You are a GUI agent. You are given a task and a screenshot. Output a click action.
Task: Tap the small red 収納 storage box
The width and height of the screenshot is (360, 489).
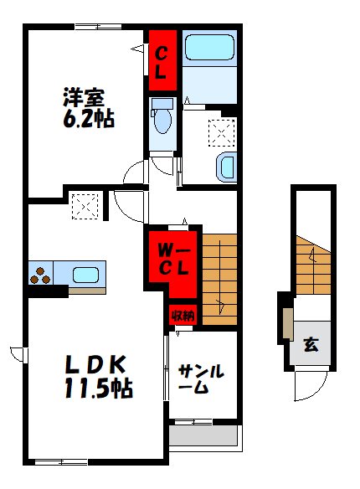183,316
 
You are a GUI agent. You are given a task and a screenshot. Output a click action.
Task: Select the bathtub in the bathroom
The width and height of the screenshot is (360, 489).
209,50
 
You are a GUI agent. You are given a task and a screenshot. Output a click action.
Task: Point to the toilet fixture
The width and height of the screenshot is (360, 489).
162,121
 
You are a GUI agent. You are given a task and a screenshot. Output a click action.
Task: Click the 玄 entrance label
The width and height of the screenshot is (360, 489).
310,344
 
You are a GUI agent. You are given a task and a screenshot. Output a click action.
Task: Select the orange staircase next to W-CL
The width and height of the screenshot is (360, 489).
219,281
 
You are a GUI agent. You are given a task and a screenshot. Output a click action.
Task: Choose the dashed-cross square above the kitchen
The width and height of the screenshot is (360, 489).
85,206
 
